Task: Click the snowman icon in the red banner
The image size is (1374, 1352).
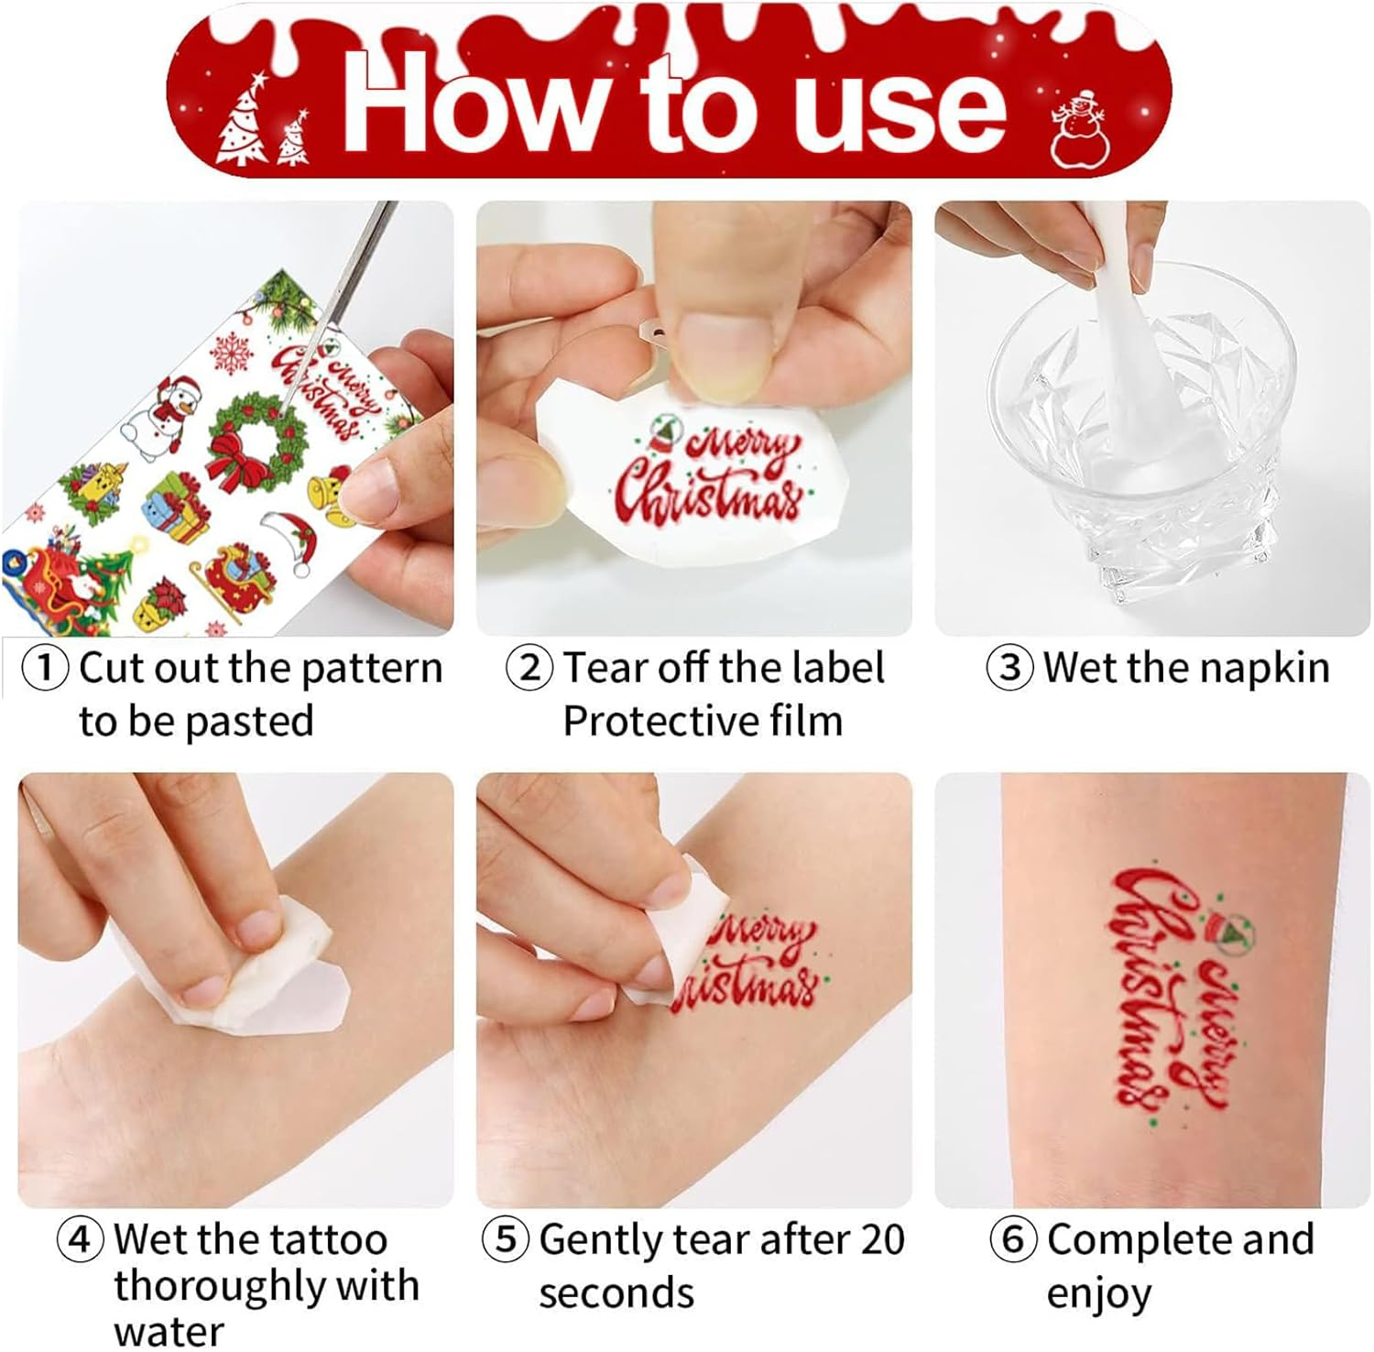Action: [x=1080, y=128]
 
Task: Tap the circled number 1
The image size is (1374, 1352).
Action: [x=45, y=668]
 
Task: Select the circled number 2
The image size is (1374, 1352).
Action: [x=529, y=668]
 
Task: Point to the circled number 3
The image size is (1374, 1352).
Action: [x=1009, y=668]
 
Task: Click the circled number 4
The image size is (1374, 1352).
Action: [x=81, y=1239]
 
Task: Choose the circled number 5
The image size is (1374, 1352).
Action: [x=506, y=1239]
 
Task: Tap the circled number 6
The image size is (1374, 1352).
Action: [x=1013, y=1239]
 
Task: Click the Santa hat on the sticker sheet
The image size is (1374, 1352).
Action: [x=291, y=540]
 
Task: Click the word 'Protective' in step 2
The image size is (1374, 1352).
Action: [x=659, y=721]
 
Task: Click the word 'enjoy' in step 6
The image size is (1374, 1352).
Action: [x=1098, y=1293]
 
